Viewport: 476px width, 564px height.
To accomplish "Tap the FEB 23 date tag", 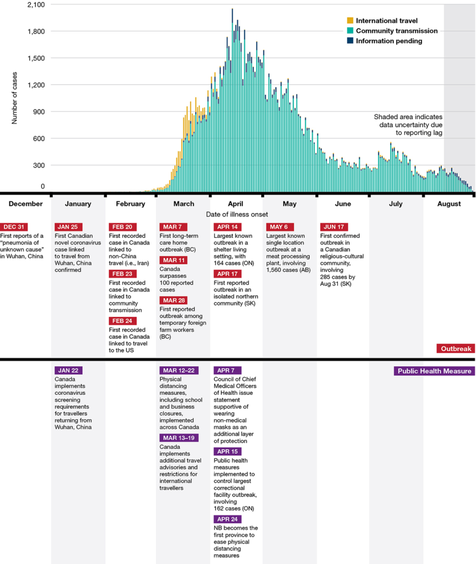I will click(121, 274).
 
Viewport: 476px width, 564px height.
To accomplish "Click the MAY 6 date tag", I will click(280, 227).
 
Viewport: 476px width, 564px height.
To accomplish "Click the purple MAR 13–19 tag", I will click(179, 438).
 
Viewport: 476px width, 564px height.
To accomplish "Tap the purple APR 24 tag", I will click(228, 519).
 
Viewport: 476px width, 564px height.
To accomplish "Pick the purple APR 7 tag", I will click(226, 371).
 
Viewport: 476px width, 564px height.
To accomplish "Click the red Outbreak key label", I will click(455, 349).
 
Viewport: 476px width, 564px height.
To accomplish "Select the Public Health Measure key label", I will click(434, 371).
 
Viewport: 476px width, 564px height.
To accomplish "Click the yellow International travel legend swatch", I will click(350, 21).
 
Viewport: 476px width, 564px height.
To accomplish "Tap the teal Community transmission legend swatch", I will click(350, 31).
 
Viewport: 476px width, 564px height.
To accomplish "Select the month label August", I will click(449, 204).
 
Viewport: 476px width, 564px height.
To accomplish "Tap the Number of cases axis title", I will click(15, 96).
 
